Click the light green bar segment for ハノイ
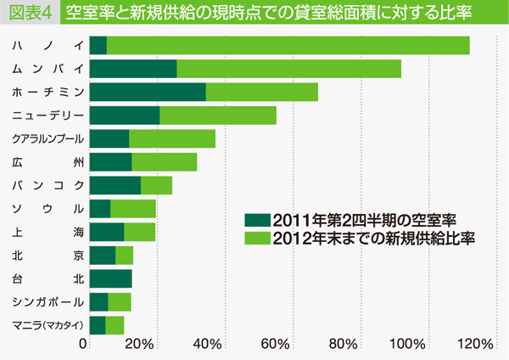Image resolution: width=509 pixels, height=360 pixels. click(288, 45)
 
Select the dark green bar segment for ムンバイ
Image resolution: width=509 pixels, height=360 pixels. click(132, 69)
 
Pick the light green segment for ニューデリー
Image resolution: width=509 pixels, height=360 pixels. click(218, 115)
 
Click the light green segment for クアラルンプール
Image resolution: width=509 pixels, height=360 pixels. click(172, 138)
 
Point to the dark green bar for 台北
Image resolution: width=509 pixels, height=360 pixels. click(110, 278)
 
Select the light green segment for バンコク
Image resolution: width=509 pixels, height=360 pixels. click(156, 185)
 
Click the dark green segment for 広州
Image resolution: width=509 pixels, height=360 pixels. click(110, 162)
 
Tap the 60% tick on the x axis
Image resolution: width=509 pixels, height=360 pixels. click(276, 344)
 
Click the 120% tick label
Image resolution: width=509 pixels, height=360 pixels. click(474, 344)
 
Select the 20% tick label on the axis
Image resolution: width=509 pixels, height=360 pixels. click(140, 344)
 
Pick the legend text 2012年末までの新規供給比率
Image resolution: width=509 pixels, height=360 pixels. click(373, 237)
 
